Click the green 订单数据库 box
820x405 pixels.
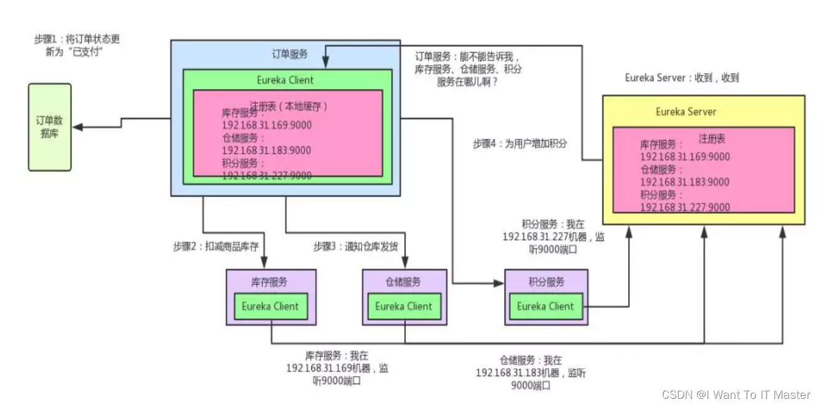(x=49, y=127)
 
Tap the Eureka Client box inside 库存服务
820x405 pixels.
(x=270, y=306)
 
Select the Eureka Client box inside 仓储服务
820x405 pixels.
(x=404, y=306)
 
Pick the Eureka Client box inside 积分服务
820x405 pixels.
(x=545, y=306)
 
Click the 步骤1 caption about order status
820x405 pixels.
(x=77, y=45)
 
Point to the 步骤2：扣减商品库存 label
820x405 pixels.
(x=215, y=247)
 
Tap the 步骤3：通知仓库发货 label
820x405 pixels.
(x=356, y=247)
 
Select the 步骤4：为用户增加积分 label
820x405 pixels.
(x=520, y=144)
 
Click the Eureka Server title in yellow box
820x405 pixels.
(x=686, y=112)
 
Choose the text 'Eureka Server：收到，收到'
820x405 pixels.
(x=682, y=78)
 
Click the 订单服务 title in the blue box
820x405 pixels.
(x=290, y=54)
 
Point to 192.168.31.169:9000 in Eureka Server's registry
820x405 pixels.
(x=685, y=157)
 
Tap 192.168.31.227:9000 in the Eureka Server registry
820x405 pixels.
(x=685, y=207)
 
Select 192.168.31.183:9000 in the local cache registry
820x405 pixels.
(x=266, y=151)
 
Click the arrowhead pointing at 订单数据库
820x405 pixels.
(x=78, y=127)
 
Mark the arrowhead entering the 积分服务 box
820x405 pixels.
(x=499, y=283)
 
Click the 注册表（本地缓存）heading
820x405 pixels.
(x=289, y=106)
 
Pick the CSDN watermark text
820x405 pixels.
(x=736, y=395)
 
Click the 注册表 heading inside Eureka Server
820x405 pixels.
(x=712, y=139)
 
